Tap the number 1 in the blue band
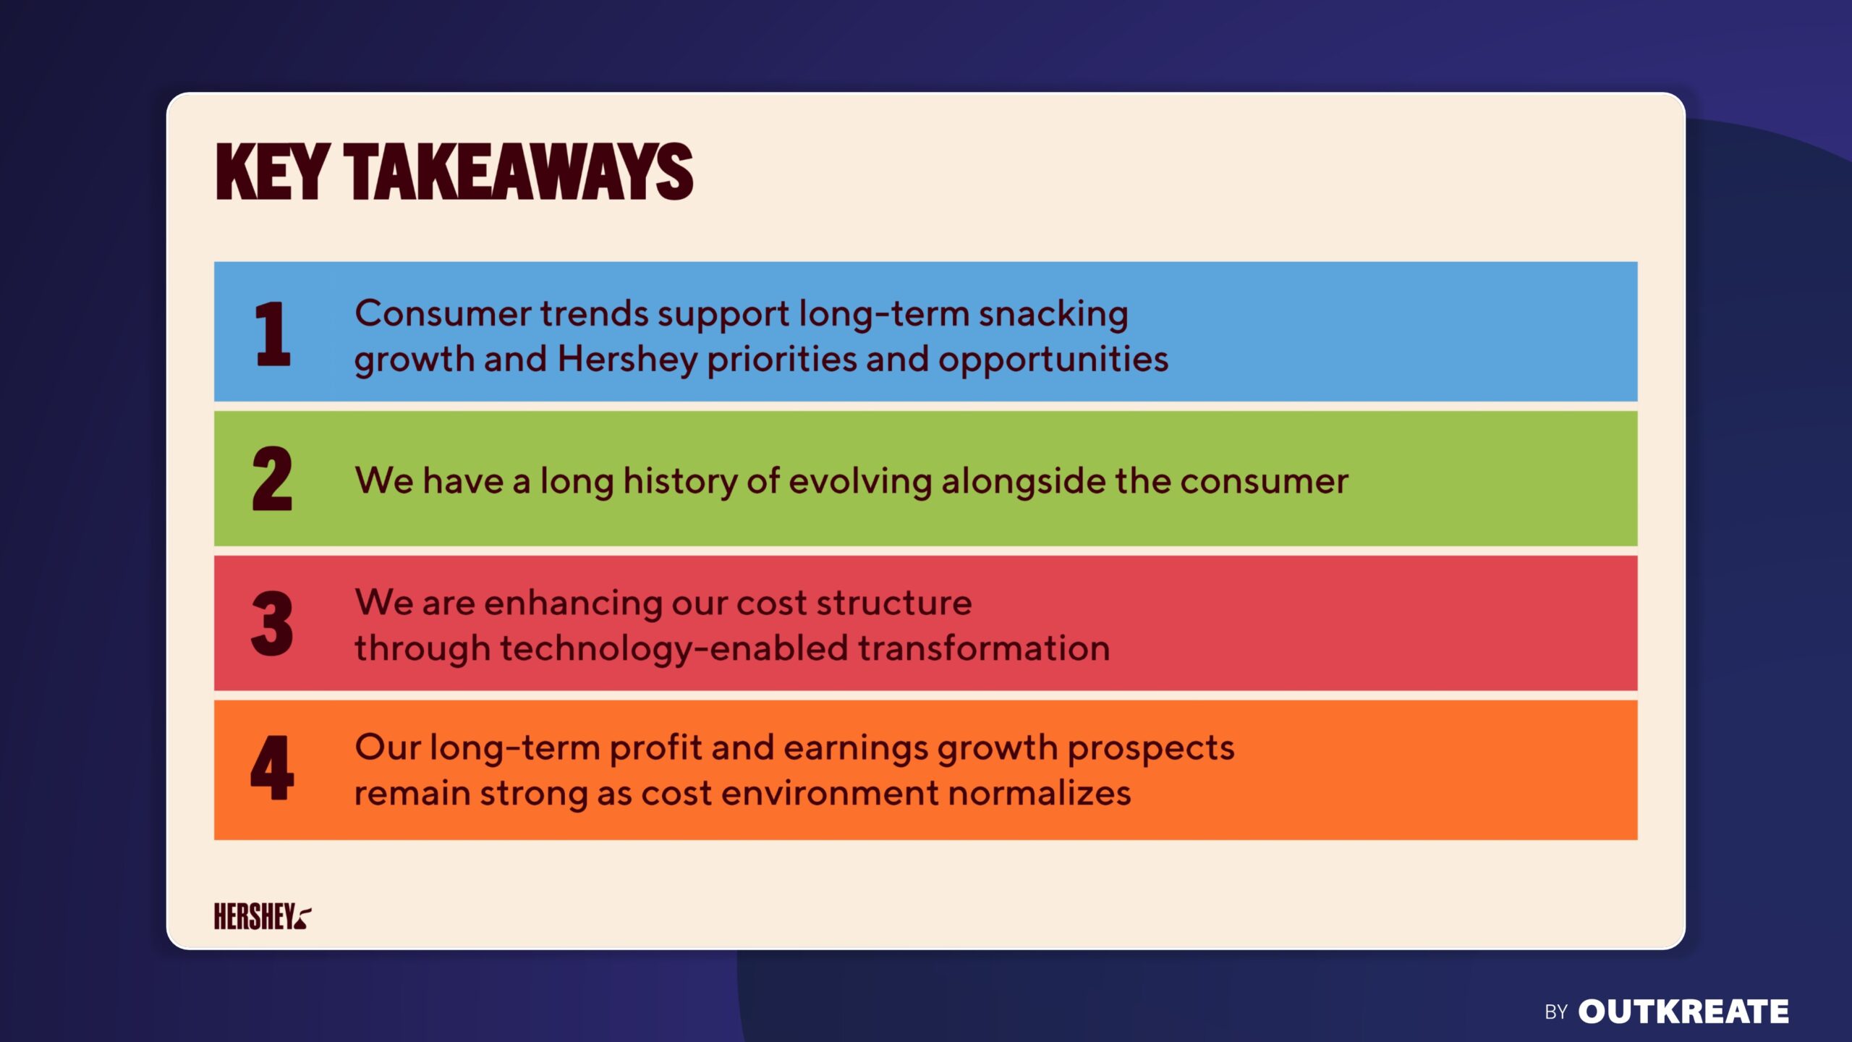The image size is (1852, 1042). (x=273, y=334)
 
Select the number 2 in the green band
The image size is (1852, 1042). (x=272, y=478)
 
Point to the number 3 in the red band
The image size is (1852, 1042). (x=272, y=623)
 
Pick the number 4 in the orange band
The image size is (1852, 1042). (x=272, y=768)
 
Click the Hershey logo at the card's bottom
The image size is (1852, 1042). (x=263, y=916)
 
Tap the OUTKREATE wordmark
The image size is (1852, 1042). (x=1683, y=1012)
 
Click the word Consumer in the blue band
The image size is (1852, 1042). (x=443, y=314)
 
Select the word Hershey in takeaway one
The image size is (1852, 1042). (x=627, y=360)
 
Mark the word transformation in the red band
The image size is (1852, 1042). (x=984, y=648)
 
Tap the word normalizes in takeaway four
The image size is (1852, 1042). (x=1040, y=793)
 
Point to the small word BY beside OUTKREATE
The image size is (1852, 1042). (x=1556, y=1012)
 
